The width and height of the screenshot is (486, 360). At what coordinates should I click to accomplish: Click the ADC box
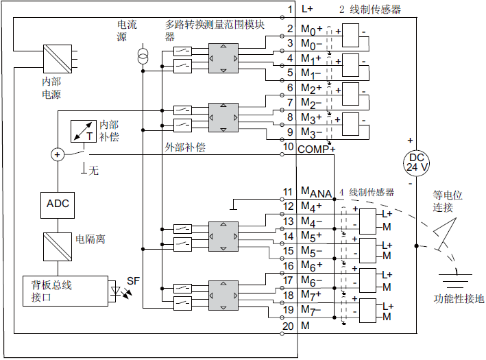pos(58,204)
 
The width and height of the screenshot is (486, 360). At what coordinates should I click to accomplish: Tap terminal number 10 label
pos(289,147)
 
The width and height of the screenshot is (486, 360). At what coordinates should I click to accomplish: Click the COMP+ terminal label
pos(316,148)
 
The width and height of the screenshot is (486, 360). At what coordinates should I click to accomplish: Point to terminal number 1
pos(290,9)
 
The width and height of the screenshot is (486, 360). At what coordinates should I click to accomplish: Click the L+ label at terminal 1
pos(306,9)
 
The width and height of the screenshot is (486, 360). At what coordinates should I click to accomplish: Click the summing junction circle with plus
pos(57,155)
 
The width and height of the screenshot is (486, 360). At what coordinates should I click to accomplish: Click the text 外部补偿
pos(185,147)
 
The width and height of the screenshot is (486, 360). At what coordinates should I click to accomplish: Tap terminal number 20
pos(289,326)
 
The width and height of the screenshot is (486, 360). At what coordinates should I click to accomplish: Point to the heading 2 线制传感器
pos(370,9)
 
